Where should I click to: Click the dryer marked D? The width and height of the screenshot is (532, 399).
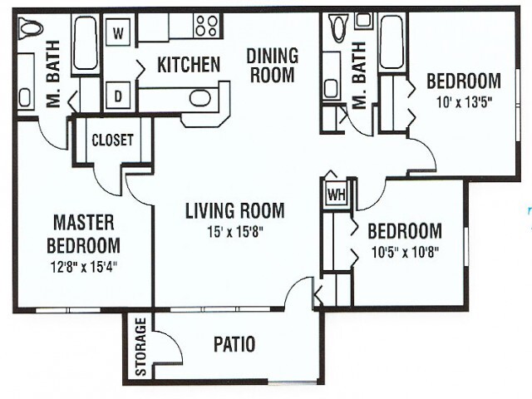[118, 96]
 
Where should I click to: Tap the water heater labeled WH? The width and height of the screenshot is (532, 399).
[337, 194]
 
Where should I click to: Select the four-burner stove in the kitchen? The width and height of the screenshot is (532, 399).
[207, 26]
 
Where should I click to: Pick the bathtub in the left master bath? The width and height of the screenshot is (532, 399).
[85, 42]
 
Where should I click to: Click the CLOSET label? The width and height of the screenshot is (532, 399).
[113, 140]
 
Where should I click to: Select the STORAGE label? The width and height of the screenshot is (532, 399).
[140, 347]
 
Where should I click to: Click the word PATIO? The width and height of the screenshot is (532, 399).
[234, 344]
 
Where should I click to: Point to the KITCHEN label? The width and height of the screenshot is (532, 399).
[189, 65]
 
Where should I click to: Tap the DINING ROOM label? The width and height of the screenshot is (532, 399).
[272, 65]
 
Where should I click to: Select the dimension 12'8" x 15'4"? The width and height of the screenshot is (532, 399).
[83, 267]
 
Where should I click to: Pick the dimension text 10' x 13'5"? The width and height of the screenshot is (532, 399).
[464, 101]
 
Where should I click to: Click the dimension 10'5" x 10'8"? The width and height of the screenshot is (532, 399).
[406, 253]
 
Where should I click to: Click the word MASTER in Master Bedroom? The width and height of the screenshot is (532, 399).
[84, 223]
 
